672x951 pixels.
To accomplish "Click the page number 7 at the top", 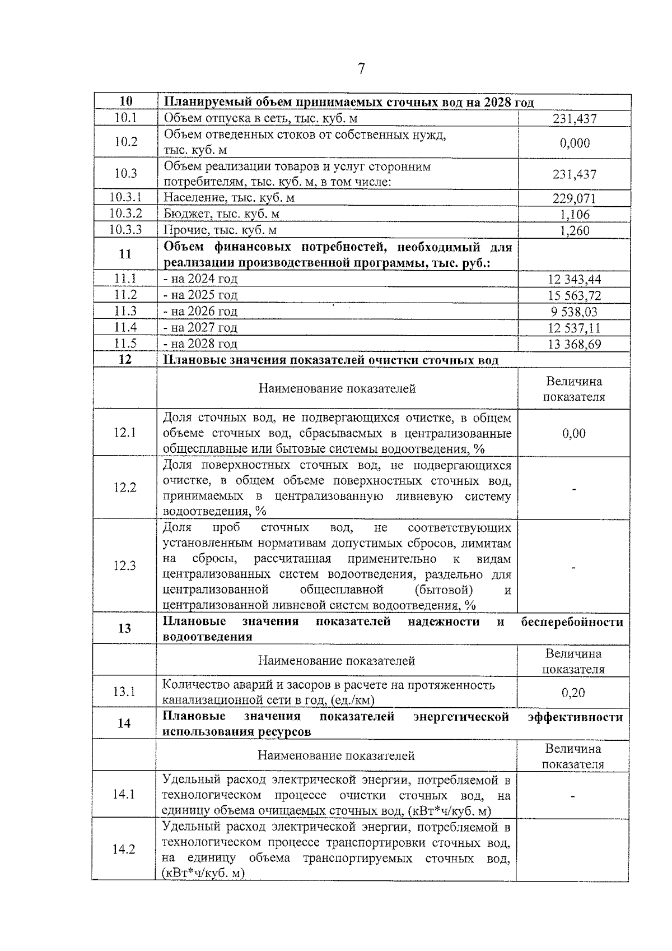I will click(x=361, y=69).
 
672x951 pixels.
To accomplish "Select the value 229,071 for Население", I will click(x=575, y=198).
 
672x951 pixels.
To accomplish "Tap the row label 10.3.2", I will click(x=125, y=214).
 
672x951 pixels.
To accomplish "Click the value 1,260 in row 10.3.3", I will click(x=575, y=230).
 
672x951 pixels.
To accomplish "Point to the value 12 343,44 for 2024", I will click(x=575, y=279).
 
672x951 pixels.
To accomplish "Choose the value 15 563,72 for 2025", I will click(x=575, y=295).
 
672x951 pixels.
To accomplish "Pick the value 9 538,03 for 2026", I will click(x=575, y=312).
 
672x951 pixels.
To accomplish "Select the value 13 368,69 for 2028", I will click(x=575, y=344).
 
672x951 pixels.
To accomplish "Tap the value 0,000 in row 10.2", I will click(x=575, y=143).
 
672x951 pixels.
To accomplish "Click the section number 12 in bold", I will click(x=125, y=359).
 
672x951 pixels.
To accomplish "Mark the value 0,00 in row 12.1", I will click(x=574, y=433).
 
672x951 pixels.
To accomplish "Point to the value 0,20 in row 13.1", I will click(x=573, y=693).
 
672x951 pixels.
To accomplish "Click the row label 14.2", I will click(x=124, y=849).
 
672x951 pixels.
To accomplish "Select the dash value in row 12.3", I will click(x=574, y=567).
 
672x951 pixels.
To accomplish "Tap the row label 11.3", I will click(x=125, y=311).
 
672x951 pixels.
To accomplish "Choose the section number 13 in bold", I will click(x=124, y=628).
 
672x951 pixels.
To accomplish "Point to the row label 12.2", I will click(x=125, y=488).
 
